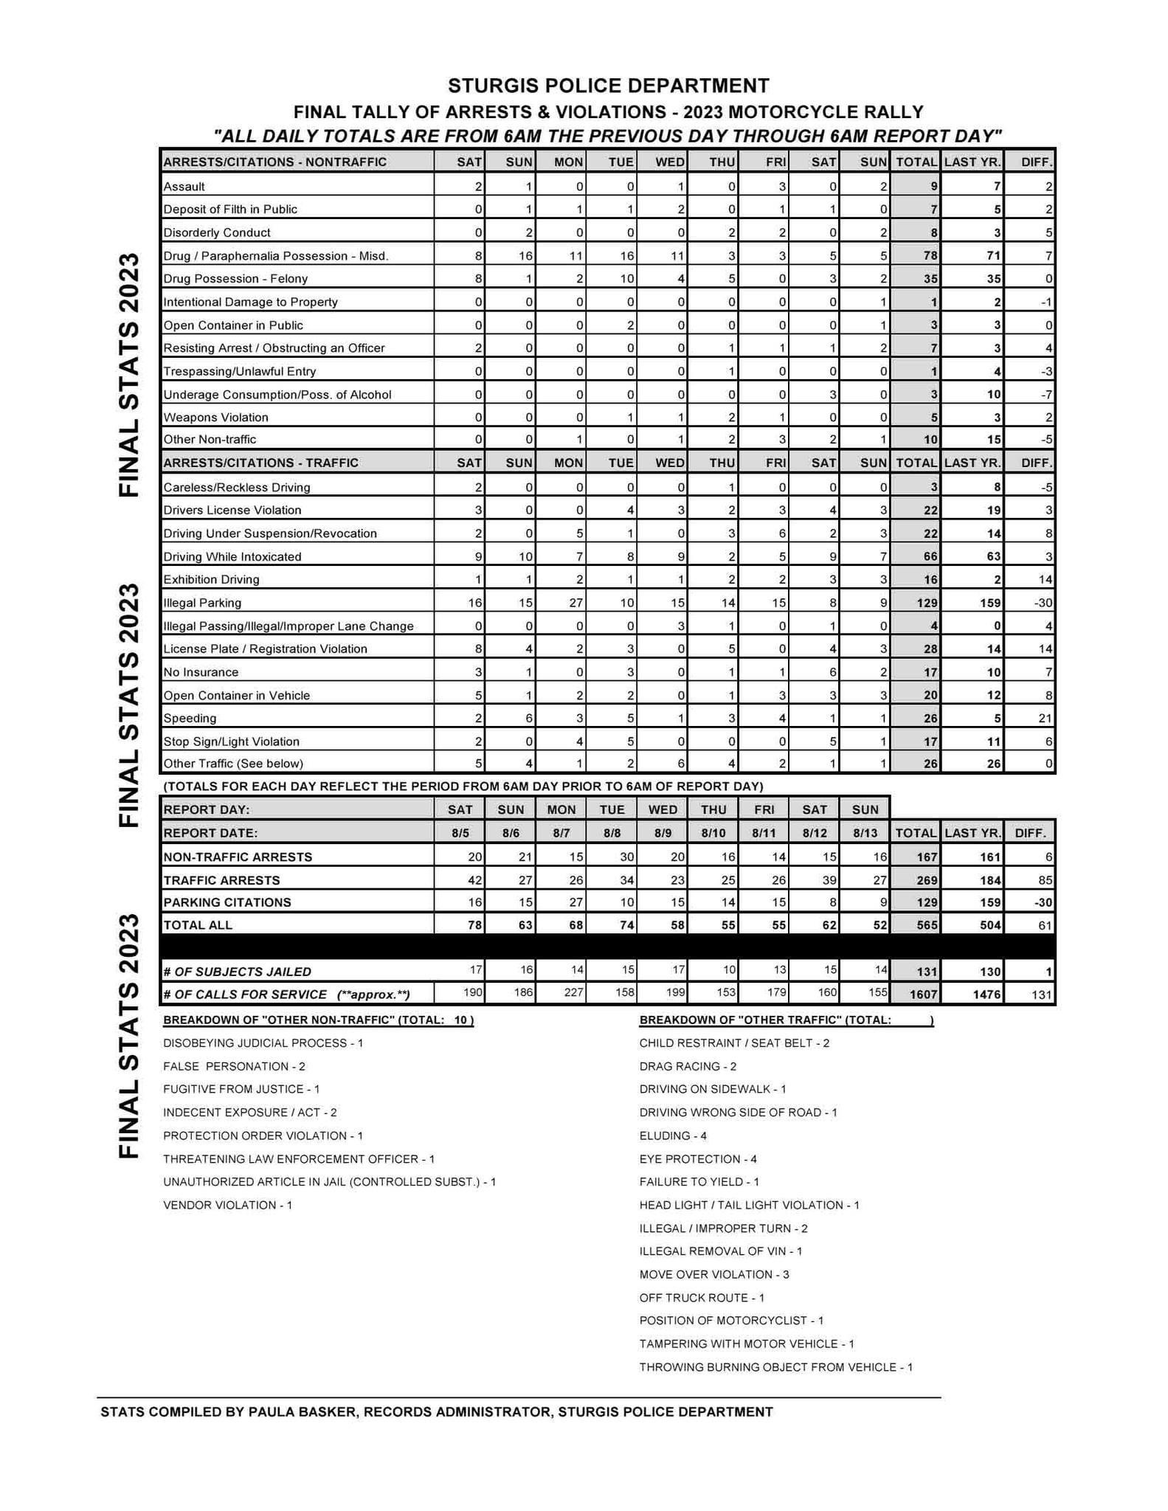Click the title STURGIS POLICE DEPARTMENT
pyautogui.click(x=608, y=86)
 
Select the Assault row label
pyautogui.click(x=184, y=187)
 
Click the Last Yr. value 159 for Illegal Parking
pyautogui.click(x=990, y=603)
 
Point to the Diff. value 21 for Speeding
pyautogui.click(x=1043, y=718)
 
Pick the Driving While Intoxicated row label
pyautogui.click(x=232, y=556)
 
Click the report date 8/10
pyautogui.click(x=713, y=833)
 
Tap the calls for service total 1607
pyautogui.click(x=922, y=995)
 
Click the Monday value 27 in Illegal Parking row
pyautogui.click(x=576, y=603)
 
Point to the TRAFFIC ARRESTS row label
pyautogui.click(x=221, y=880)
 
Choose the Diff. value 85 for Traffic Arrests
pyautogui.click(x=1044, y=880)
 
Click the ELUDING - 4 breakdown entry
pyautogui.click(x=673, y=1135)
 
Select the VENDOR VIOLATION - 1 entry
pyautogui.click(x=228, y=1205)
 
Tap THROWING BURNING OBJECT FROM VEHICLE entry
pyautogui.click(x=775, y=1367)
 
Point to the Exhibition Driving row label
pyautogui.click(x=211, y=579)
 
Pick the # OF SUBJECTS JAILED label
pyautogui.click(x=237, y=972)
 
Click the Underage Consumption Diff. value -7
pyautogui.click(x=1046, y=395)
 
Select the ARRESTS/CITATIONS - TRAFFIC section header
pyautogui.click(x=260, y=463)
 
